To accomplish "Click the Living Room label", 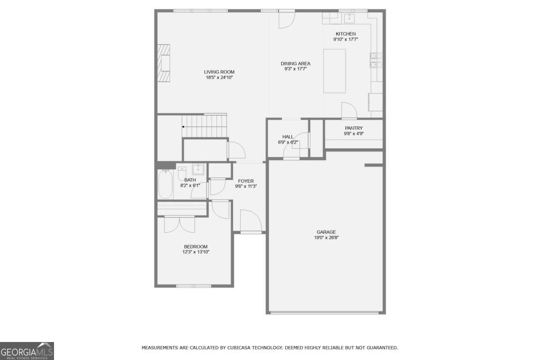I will click(x=219, y=72).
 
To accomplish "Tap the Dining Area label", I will click(x=296, y=63).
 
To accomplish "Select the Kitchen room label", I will click(x=346, y=34).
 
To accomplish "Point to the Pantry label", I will click(x=354, y=128).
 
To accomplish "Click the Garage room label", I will click(x=326, y=232).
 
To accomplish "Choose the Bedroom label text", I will click(x=196, y=246).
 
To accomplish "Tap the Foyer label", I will click(x=246, y=181).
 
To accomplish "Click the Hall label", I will click(x=288, y=137).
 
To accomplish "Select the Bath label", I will click(x=190, y=180).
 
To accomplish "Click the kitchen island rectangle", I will click(x=334, y=71).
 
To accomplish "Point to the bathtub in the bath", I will click(x=165, y=184).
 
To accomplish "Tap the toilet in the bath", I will click(x=182, y=172).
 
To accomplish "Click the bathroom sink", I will click(x=198, y=169).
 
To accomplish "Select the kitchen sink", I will click(x=349, y=18).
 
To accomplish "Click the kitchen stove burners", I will click(x=376, y=60).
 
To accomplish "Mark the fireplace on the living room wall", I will click(x=164, y=63).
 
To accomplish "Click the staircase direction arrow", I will click(x=183, y=127).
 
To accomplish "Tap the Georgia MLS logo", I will click(x=27, y=351).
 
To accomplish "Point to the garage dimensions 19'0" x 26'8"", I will click(x=326, y=238).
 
